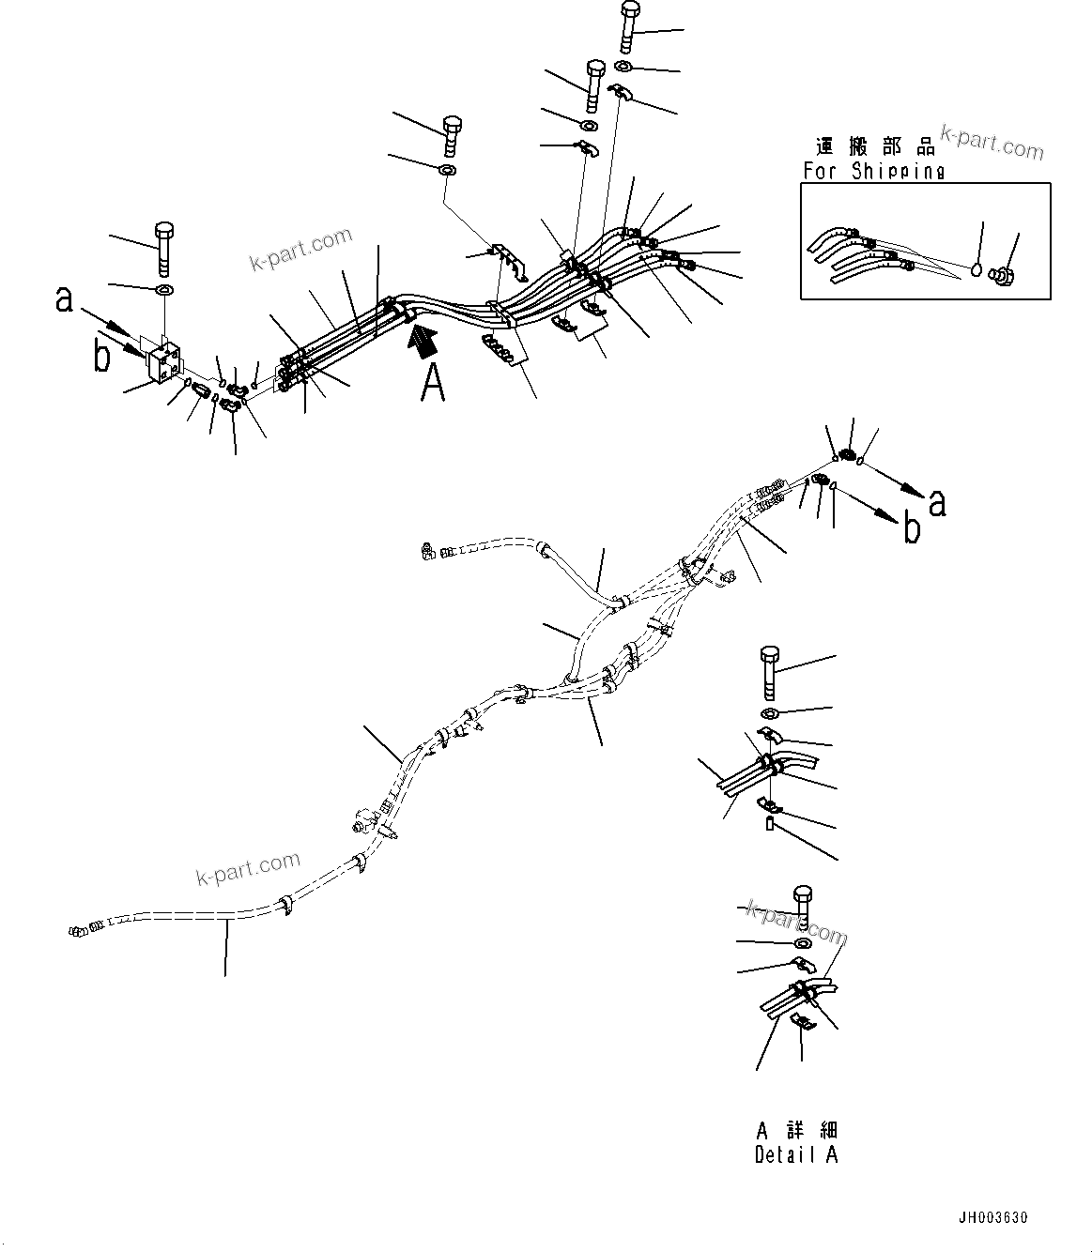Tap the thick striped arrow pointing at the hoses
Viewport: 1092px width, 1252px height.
pyautogui.click(x=422, y=339)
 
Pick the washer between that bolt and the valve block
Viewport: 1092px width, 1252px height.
pyautogui.click(x=164, y=287)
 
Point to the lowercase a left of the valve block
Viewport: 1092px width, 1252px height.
pyautogui.click(x=64, y=298)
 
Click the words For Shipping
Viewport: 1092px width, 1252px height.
pyautogui.click(x=873, y=171)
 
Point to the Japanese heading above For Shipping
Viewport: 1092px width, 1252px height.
pyautogui.click(x=874, y=146)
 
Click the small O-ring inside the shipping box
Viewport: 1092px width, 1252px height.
pyautogui.click(x=978, y=270)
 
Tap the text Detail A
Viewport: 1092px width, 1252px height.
pyautogui.click(x=795, y=1155)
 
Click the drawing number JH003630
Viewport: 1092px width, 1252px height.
pyautogui.click(x=992, y=1218)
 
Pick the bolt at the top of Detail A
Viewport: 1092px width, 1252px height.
pyautogui.click(x=803, y=904)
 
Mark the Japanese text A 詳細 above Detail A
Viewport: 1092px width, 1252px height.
pyautogui.click(x=795, y=1130)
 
